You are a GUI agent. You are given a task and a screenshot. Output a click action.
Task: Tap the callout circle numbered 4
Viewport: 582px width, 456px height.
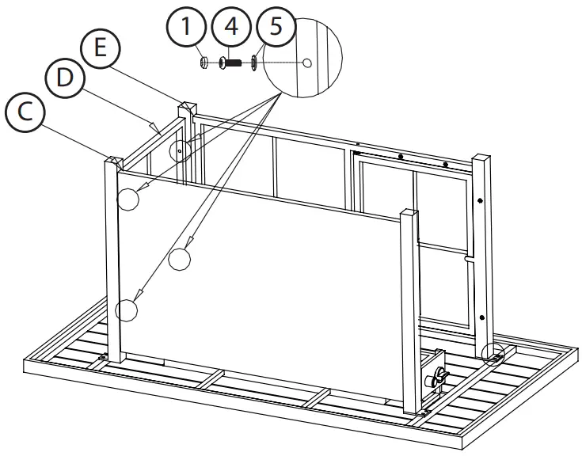pos(230,27)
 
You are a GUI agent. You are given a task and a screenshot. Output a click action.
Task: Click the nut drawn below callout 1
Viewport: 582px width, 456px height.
pos(204,61)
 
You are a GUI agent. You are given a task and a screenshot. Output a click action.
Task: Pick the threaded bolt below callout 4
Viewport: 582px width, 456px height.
pos(230,62)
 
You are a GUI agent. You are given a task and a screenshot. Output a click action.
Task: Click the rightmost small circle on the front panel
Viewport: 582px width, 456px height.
pos(180,259)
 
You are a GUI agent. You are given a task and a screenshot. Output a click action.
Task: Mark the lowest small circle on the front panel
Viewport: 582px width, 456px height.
pos(126,309)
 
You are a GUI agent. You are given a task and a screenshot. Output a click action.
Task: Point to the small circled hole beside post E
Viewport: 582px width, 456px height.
pos(181,148)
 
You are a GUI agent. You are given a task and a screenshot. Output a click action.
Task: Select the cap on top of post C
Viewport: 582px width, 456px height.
pos(112,161)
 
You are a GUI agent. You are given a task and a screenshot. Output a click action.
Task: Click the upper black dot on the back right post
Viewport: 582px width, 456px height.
pos(481,202)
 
